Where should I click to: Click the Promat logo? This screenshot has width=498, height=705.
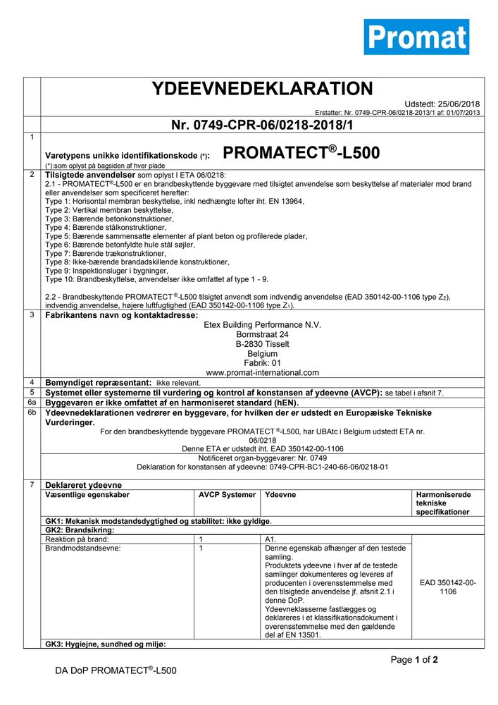tap(416, 37)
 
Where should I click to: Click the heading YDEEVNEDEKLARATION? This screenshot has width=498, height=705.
tap(262, 89)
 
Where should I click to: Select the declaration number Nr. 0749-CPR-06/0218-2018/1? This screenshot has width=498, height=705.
tap(262, 125)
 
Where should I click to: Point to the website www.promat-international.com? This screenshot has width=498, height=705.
tap(262, 372)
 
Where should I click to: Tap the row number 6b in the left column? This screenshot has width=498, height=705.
tap(32, 412)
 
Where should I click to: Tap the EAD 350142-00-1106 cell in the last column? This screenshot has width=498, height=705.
tap(447, 587)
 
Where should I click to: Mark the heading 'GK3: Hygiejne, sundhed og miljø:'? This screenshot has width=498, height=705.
tap(106, 644)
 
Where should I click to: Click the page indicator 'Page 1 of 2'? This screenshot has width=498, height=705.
tap(414, 660)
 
